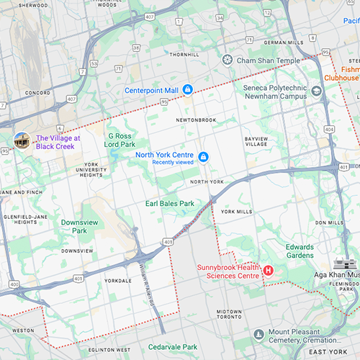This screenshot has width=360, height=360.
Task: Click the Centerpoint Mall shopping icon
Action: click(187, 89)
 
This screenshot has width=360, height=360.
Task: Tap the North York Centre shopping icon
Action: click(203, 157)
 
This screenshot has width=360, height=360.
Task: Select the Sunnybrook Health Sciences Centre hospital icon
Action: click(269, 271)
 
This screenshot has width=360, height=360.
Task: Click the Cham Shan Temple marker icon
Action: click(228, 60)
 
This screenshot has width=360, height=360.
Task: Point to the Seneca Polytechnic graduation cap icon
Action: click(317, 90)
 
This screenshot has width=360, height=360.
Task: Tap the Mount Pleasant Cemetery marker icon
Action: click(258, 333)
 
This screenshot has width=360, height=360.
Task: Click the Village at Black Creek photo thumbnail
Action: click(23, 140)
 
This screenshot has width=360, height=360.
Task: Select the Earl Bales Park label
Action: click(170, 204)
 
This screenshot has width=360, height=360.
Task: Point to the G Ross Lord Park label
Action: click(120, 140)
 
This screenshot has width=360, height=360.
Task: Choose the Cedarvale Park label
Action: click(173, 346)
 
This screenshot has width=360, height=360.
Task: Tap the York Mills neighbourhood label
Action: click(237, 212)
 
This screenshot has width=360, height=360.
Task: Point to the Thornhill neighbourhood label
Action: click(184, 54)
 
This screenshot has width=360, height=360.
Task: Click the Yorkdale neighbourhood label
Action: click(118, 280)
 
